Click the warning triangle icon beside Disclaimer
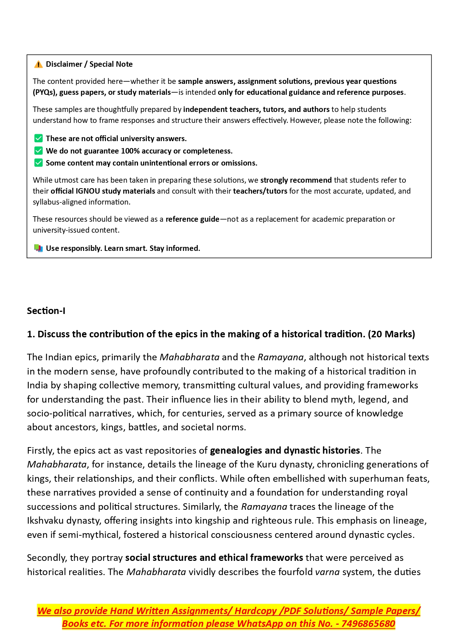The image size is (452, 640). (38, 65)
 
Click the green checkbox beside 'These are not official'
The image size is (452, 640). (38, 139)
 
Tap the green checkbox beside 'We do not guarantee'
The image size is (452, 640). (38, 151)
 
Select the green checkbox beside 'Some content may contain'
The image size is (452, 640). (38, 163)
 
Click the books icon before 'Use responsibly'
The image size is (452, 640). (38, 248)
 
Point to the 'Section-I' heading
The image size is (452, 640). (46, 311)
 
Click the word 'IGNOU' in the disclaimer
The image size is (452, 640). (87, 191)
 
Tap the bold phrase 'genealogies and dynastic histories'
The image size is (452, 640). (285, 450)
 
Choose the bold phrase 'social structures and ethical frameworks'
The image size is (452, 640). (214, 558)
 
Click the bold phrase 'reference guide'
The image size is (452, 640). (192, 219)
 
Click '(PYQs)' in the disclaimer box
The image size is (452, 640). (45, 92)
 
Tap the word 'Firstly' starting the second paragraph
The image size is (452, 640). (40, 450)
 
